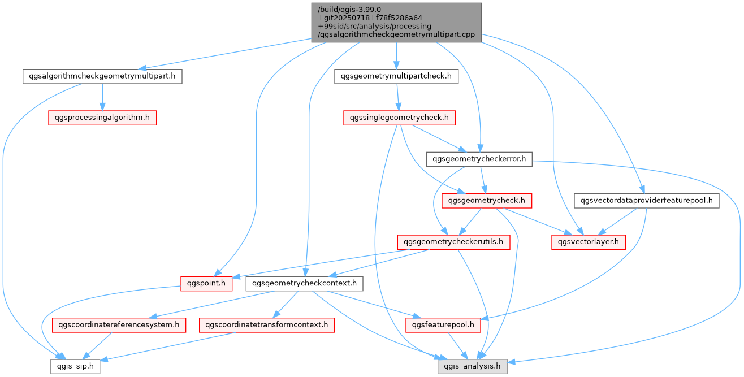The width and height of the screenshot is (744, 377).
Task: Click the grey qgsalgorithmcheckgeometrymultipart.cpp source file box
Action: pos(396,22)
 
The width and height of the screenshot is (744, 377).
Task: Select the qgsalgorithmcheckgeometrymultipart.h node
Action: pos(102,76)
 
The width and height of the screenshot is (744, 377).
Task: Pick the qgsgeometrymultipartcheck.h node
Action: pos(396,76)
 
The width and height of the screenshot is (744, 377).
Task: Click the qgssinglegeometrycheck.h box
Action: pos(399,118)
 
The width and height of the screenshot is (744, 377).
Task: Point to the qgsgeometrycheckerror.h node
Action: pos(479,159)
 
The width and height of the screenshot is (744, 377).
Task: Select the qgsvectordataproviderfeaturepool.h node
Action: pos(646,200)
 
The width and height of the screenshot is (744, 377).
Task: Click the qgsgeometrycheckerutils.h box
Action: pos(453,242)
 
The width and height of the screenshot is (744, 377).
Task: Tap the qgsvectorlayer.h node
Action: pos(589,242)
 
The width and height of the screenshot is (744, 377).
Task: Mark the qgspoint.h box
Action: pos(206,283)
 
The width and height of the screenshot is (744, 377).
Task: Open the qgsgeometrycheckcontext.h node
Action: pos(304,283)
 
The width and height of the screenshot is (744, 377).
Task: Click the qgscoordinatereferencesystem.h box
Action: pos(119,324)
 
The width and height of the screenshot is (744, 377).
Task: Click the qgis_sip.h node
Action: pos(76,366)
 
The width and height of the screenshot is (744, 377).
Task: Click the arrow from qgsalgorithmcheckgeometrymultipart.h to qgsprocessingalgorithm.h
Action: pos(102,97)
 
